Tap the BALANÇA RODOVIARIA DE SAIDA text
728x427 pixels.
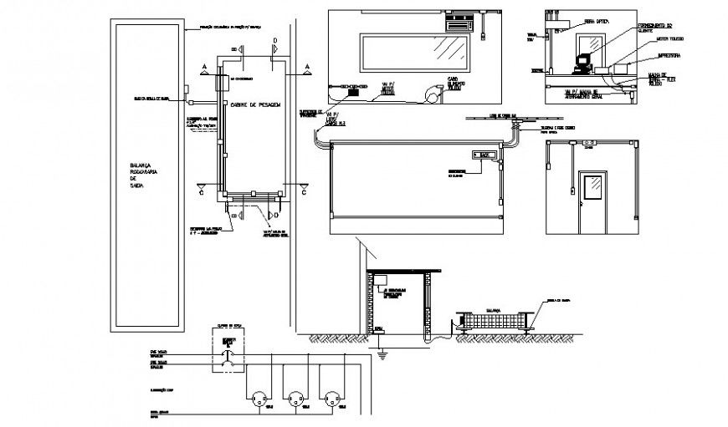pyautogui.click(x=143, y=176)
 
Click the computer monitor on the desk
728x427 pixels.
pyautogui.click(x=582, y=60)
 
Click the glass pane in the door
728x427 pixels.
pyautogui.click(x=593, y=187)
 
